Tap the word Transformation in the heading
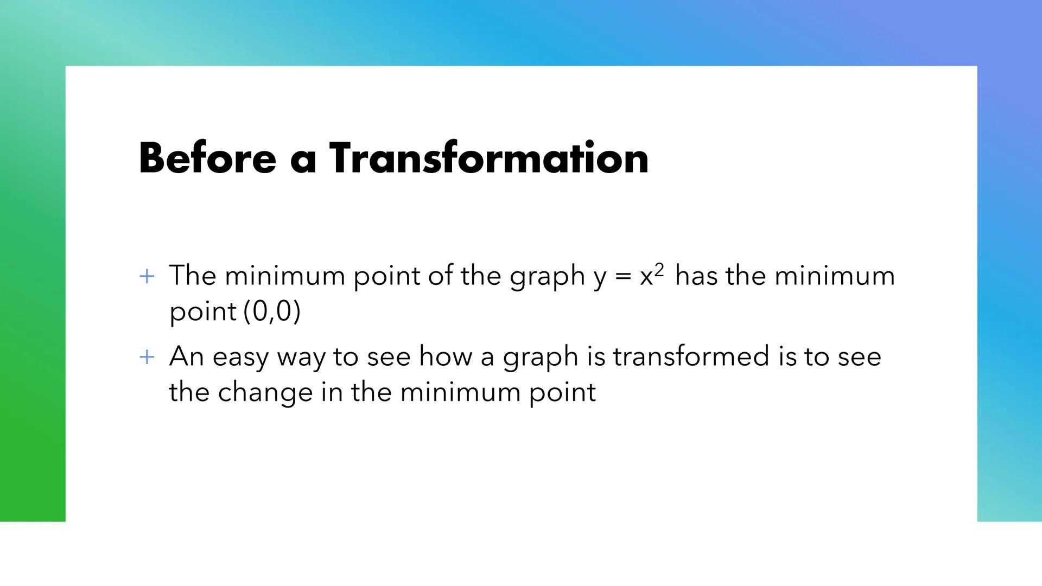[488, 158]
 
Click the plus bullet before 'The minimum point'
[147, 277]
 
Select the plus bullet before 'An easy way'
[147, 358]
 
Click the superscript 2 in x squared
[659, 269]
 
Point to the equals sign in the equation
[623, 277]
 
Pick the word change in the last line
[265, 392]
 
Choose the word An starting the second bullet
[186, 356]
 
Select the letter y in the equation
[600, 278]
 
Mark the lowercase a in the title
[303, 161]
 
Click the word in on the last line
[332, 392]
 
